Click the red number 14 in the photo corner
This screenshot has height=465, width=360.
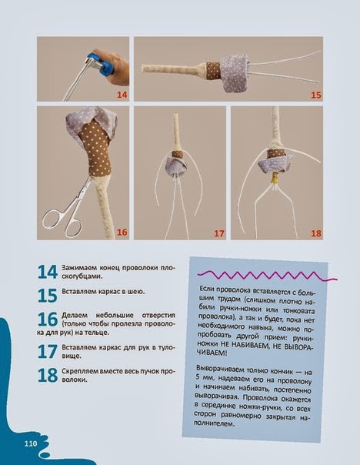point(122,95)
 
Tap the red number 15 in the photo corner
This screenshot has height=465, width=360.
point(316,95)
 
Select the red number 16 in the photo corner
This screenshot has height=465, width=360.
point(122,232)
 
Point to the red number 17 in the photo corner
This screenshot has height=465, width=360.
point(219,233)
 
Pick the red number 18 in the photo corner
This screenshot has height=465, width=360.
point(316,233)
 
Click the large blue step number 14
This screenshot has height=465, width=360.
point(48,272)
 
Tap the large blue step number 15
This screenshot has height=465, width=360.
point(48,296)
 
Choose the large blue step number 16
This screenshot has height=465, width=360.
point(48,319)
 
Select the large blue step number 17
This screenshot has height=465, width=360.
point(48,351)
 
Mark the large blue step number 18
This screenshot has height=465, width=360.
point(48,375)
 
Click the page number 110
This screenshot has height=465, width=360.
point(31,444)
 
